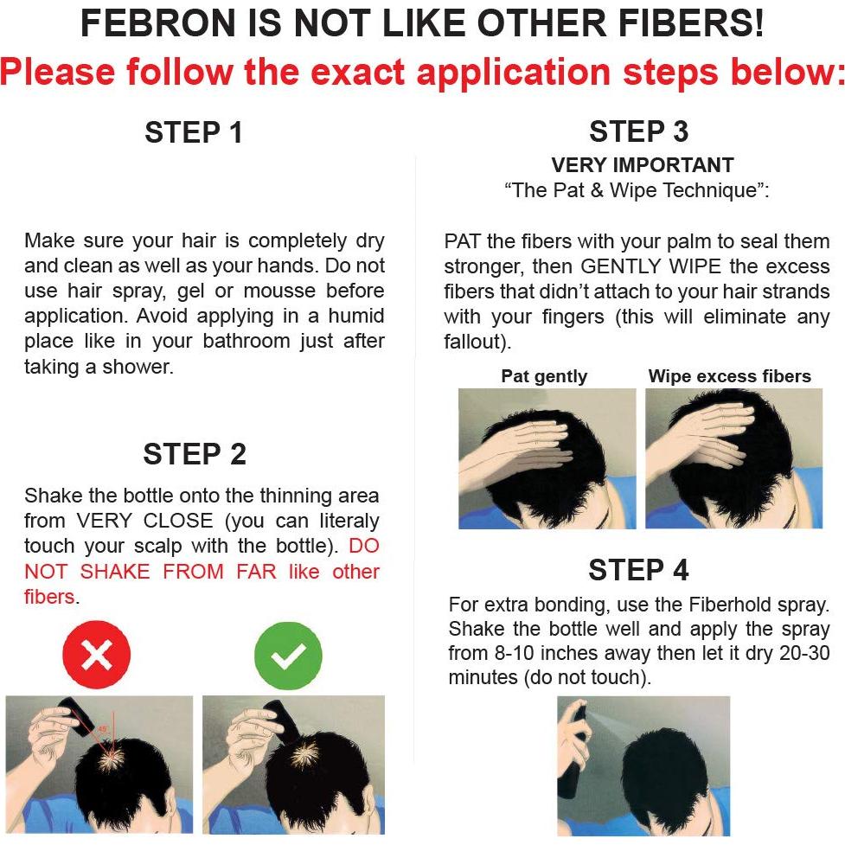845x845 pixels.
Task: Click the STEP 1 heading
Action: tap(194, 132)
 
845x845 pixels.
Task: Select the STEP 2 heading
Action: tap(195, 454)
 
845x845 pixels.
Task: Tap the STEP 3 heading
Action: tap(638, 131)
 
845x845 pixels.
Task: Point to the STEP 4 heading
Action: tap(638, 570)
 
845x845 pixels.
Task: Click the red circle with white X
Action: tap(96, 656)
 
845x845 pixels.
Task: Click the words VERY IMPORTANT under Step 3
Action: tap(643, 165)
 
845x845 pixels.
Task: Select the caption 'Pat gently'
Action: tap(544, 376)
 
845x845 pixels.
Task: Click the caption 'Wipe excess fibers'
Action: tap(730, 376)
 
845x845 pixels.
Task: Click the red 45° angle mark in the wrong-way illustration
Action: tap(103, 729)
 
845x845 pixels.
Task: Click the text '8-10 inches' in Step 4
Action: tap(557, 653)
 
